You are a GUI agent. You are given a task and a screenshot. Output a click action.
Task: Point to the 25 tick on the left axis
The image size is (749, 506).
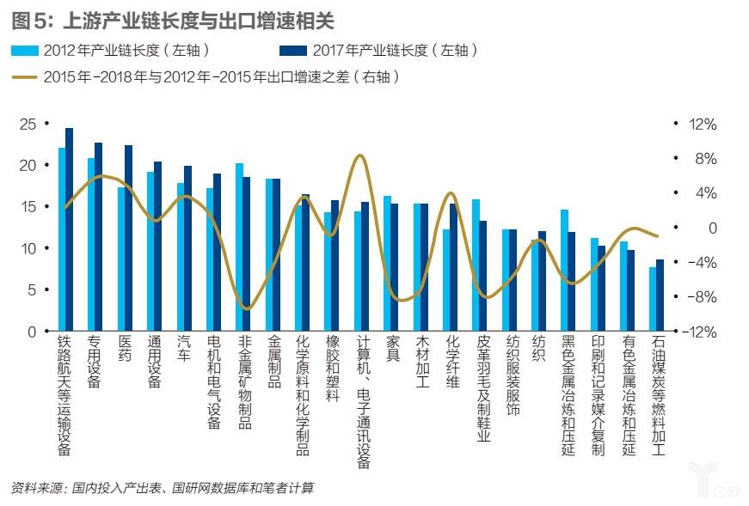click(x=28, y=124)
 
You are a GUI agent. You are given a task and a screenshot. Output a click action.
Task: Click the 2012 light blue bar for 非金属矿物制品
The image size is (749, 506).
click(x=239, y=247)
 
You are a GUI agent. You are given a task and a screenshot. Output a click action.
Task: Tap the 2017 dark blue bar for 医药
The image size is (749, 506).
click(x=129, y=238)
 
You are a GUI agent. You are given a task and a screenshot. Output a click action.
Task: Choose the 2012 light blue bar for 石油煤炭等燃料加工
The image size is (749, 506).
click(x=653, y=299)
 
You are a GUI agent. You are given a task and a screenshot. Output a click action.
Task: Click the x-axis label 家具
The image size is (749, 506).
click(x=393, y=348)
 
